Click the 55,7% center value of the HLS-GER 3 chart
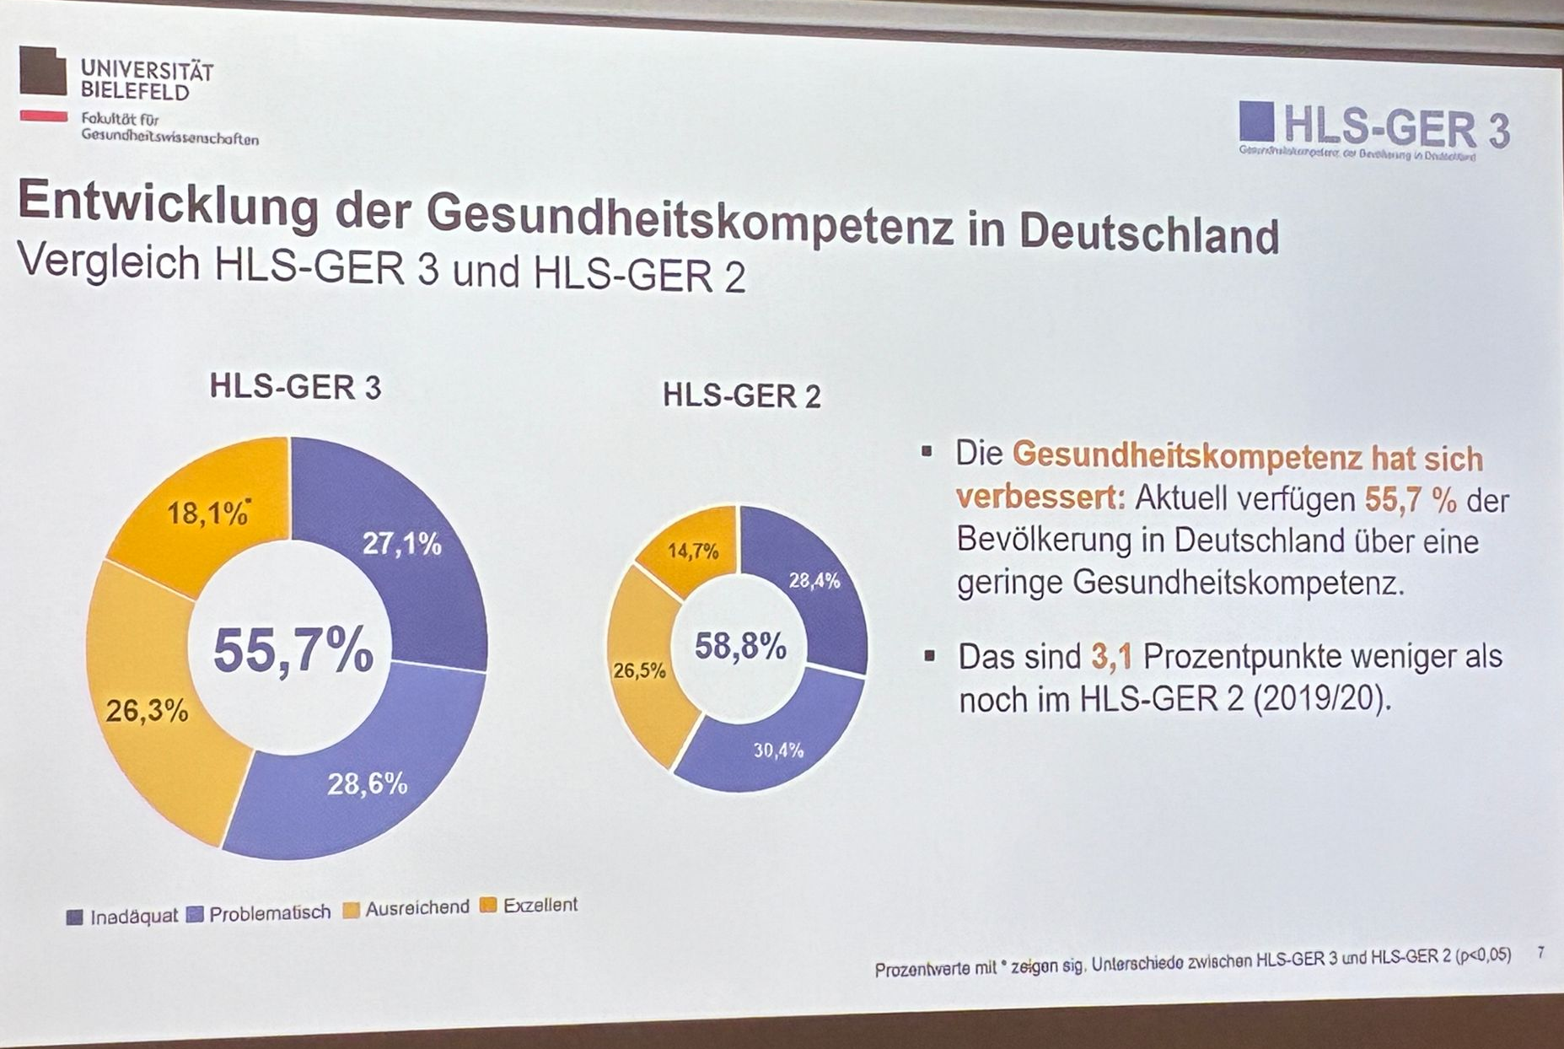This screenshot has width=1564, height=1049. point(293,650)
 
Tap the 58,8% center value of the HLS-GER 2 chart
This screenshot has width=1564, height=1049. point(740,647)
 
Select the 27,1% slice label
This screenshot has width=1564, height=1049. point(402,545)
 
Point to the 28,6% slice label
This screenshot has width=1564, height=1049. point(368,784)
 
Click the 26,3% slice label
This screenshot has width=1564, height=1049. point(147,712)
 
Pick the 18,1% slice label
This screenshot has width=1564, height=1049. point(207,513)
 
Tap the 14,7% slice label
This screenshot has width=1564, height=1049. point(693,551)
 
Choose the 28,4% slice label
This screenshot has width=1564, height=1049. point(814,581)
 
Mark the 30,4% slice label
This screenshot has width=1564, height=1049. point(778,750)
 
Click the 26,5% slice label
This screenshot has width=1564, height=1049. point(639,671)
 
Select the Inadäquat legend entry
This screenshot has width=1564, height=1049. point(123,917)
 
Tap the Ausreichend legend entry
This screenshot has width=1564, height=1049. point(407,908)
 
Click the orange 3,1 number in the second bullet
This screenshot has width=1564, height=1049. point(1110,657)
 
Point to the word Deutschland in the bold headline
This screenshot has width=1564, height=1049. point(1148,234)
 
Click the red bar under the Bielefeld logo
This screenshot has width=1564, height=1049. point(43,116)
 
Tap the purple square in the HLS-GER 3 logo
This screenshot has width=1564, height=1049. point(1256,121)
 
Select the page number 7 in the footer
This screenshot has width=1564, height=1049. point(1541,953)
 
